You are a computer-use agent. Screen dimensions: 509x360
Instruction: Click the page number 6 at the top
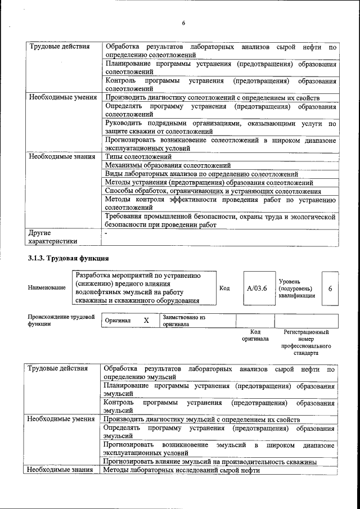tap(183, 23)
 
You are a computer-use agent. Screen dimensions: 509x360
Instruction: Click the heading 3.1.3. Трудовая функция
tap(68, 258)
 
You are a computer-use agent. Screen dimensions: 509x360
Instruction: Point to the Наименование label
tap(46, 288)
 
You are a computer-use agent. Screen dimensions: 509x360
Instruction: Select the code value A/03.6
tap(256, 288)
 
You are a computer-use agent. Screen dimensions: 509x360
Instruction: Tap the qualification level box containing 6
tap(330, 288)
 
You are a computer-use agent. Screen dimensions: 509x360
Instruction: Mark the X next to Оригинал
tap(146, 320)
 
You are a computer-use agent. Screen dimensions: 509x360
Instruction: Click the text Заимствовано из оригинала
tap(183, 321)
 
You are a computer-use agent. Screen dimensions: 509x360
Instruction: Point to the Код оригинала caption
tap(255, 336)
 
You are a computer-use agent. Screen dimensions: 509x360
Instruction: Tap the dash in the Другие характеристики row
tap(106, 232)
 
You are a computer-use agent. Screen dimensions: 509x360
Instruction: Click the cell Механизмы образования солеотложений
tap(168, 165)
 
